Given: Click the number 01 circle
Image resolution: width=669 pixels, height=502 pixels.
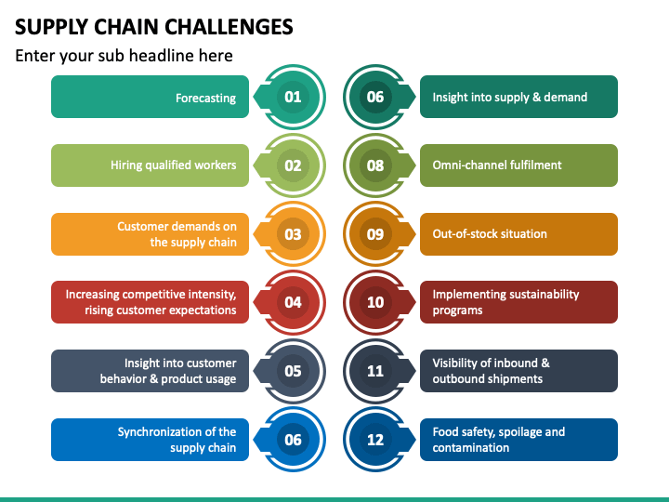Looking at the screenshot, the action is tap(293, 97).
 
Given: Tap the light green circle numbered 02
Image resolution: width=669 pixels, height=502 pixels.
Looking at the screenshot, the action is tap(293, 165).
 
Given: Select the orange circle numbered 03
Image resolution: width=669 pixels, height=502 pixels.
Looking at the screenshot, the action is tap(293, 234).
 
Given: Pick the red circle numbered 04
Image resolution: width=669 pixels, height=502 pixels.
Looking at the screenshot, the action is tap(293, 302).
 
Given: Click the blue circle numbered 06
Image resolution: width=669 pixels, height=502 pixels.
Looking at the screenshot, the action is tap(293, 440).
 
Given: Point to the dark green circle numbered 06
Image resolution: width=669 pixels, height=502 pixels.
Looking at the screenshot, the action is tap(375, 97).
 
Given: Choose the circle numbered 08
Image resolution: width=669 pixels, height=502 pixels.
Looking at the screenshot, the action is tap(375, 165).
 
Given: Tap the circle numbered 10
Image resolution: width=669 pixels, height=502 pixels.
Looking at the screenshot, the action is tap(375, 302).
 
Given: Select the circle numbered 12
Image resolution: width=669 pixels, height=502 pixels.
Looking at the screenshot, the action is tap(375, 440).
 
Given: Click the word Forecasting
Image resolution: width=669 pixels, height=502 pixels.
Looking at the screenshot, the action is tap(205, 99).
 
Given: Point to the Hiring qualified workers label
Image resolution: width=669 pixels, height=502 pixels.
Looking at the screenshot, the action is tap(173, 165).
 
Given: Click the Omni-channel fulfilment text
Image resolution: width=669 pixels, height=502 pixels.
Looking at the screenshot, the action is tap(497, 165).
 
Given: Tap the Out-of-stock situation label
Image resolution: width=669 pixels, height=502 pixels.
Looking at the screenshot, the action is tap(490, 234).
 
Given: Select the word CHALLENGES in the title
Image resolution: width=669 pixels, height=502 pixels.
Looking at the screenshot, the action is tap(229, 27).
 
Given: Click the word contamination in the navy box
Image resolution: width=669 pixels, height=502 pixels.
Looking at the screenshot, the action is tap(470, 448).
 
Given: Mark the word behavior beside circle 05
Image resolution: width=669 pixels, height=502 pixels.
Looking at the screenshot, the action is tap(124, 379).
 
